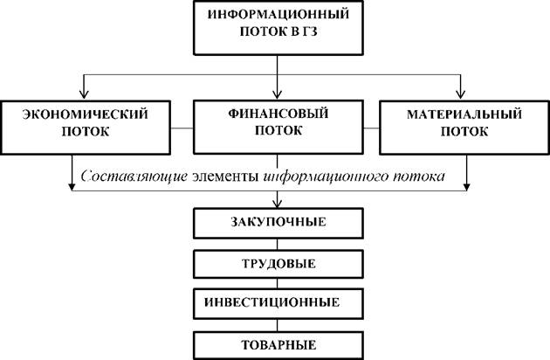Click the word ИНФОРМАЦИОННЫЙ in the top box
278,14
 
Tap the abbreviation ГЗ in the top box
310,31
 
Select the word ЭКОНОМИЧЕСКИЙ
86,114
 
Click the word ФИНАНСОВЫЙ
278,114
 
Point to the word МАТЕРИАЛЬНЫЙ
464,114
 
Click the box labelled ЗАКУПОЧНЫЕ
278,224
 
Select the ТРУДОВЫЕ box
278,264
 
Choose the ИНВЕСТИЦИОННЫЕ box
278,304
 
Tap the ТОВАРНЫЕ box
278,346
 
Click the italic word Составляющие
134,176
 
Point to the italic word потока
418,177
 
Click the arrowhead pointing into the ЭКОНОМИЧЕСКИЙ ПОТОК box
84,94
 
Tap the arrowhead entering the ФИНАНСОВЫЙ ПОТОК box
277,94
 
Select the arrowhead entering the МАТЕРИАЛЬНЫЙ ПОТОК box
460,94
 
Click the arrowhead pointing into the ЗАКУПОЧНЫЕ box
277,204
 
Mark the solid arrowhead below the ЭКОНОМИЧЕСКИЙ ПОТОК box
72,186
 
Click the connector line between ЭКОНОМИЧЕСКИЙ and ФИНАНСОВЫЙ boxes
182,128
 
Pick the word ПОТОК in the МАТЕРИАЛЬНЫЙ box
464,132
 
